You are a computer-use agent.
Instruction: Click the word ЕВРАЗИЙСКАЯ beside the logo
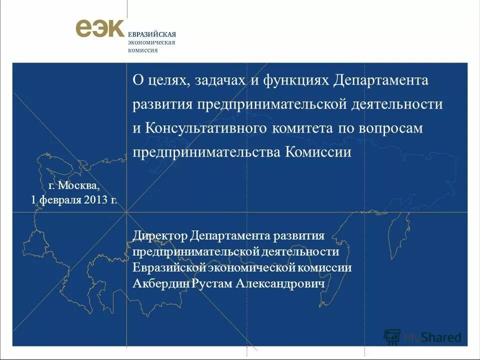[152, 34]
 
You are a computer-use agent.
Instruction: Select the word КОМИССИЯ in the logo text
[143, 50]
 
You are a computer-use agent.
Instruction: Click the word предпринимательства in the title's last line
[206, 152]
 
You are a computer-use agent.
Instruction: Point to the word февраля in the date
[59, 200]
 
